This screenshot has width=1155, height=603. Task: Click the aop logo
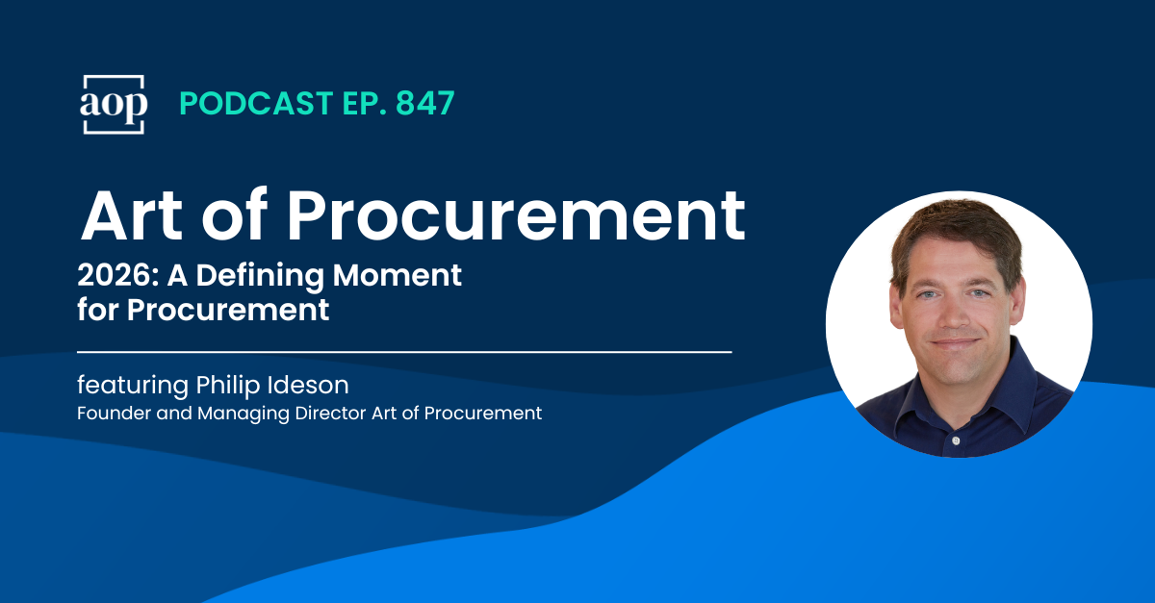113,104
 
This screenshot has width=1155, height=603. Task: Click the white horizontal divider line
404,352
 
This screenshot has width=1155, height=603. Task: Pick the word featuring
133,387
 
